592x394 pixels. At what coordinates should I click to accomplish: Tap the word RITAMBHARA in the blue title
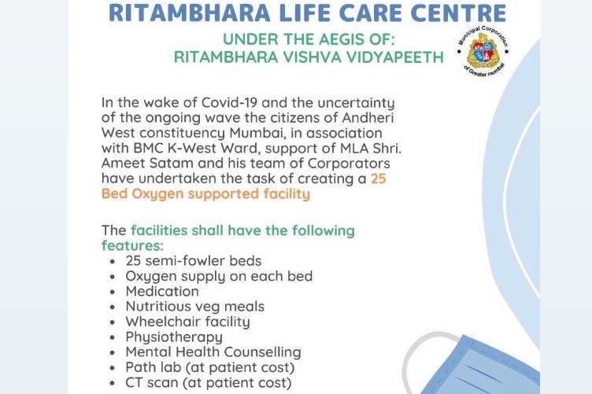(x=190, y=13)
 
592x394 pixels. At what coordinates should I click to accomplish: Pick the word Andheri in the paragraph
(x=368, y=118)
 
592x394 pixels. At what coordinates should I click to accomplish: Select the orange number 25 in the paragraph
(x=379, y=179)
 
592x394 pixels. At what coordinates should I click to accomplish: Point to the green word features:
(x=132, y=246)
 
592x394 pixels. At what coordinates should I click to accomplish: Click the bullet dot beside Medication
(x=112, y=292)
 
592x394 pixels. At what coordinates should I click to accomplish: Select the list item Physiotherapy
(x=174, y=337)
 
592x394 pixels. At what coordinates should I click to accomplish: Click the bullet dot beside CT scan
(x=112, y=383)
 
